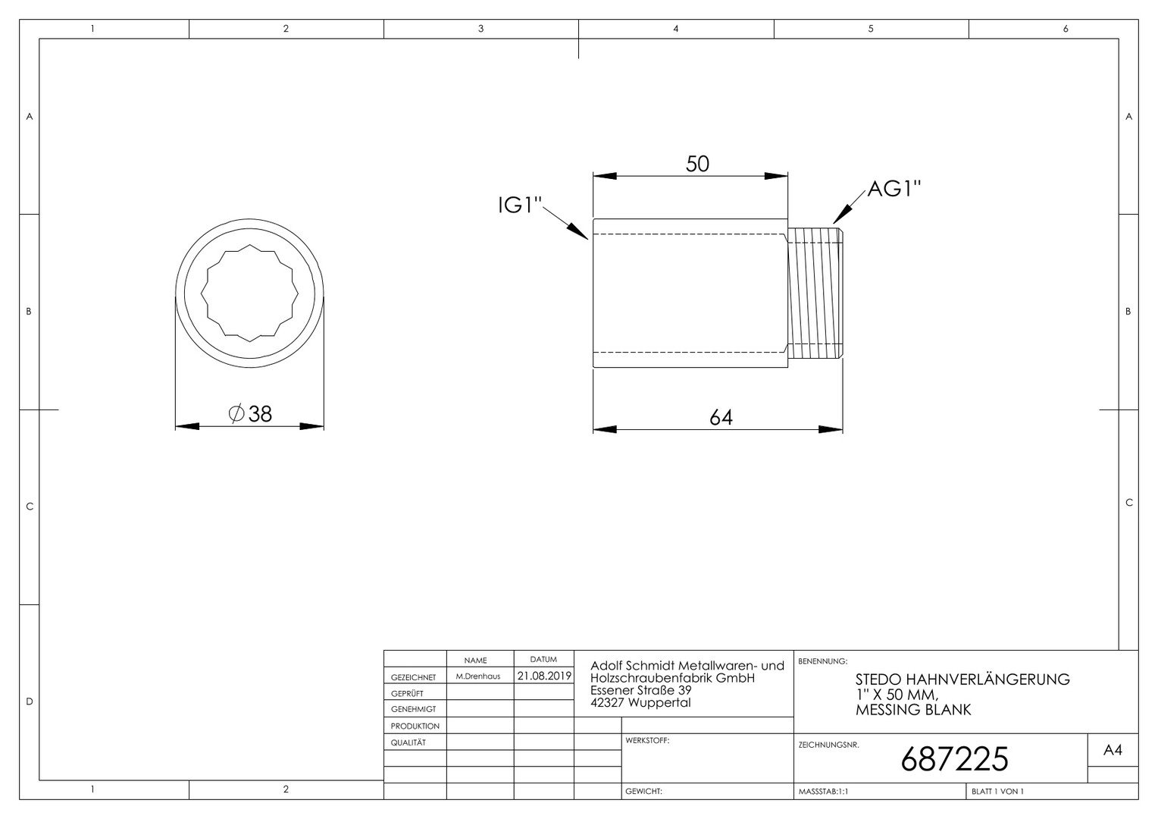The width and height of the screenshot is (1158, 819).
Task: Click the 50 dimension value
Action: click(697, 164)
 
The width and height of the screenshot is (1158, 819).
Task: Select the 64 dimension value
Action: click(721, 418)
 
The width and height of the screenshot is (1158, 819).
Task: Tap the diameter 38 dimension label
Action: click(250, 414)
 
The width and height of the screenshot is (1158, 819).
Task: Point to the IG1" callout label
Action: click(520, 206)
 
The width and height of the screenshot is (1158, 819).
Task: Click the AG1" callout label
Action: click(894, 189)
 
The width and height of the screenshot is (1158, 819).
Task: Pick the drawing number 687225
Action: click(954, 759)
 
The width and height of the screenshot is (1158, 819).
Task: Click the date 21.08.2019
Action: click(544, 676)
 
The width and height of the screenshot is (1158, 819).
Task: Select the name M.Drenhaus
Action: click(477, 676)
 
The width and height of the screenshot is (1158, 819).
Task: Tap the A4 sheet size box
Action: click(1113, 750)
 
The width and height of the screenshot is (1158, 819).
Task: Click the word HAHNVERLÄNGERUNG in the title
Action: click(988, 679)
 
